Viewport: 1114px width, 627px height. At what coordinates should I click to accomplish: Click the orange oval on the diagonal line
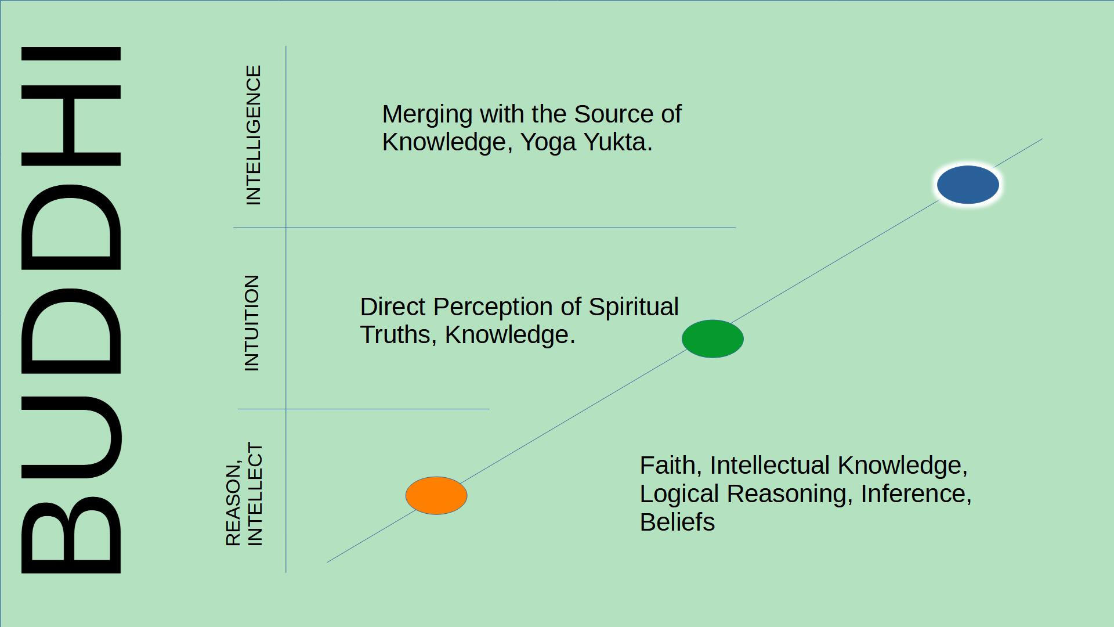pos(436,496)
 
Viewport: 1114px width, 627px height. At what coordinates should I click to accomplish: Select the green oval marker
pos(712,338)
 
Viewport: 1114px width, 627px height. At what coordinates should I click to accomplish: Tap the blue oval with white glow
pos(968,185)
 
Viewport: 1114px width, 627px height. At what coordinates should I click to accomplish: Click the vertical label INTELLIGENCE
pos(254,135)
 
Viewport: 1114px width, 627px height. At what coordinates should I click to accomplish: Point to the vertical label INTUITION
pos(252,323)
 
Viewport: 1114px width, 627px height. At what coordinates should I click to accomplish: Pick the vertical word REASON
pos(233,505)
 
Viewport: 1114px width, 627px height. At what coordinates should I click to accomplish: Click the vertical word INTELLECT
pos(255,495)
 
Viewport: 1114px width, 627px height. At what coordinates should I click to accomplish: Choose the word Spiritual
pos(634,307)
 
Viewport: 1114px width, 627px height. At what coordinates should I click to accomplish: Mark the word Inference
pos(916,494)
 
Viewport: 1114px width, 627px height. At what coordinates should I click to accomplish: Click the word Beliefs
pos(677,522)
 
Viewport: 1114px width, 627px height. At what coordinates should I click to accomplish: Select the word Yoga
pos(548,143)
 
